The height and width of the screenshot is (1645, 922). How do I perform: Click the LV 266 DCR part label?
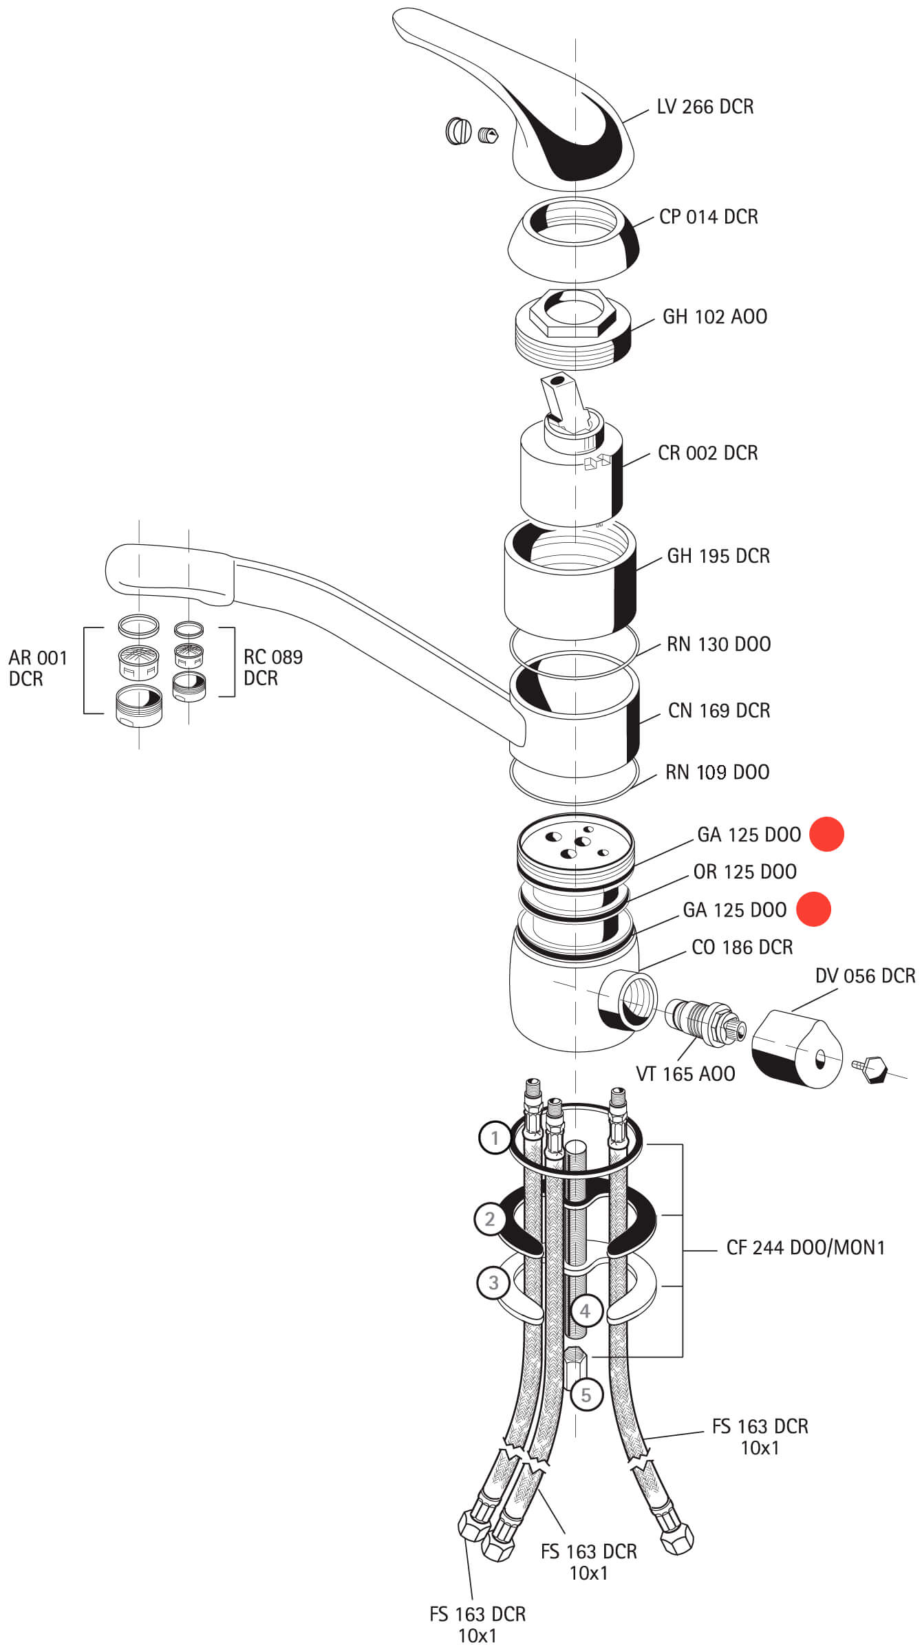(705, 107)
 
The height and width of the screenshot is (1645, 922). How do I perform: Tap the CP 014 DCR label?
(708, 217)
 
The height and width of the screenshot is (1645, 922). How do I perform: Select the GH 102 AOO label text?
(714, 316)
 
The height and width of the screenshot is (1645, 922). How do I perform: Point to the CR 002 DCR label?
(707, 453)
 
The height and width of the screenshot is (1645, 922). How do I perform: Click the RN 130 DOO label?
(718, 644)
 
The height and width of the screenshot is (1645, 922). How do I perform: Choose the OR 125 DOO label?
(744, 872)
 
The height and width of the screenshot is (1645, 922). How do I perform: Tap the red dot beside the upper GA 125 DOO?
(826, 834)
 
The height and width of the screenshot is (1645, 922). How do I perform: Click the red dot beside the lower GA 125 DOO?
(813, 910)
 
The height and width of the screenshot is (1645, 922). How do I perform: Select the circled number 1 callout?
(494, 1138)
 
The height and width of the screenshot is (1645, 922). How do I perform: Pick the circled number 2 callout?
(489, 1219)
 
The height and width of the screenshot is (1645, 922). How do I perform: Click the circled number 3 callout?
(493, 1282)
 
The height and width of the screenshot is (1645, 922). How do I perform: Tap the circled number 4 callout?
(585, 1311)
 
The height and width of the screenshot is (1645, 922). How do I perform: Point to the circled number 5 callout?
(586, 1395)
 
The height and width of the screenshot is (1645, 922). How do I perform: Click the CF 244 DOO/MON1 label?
(805, 1247)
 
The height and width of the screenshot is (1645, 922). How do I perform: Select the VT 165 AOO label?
(685, 1073)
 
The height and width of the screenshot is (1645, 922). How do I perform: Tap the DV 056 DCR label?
(865, 976)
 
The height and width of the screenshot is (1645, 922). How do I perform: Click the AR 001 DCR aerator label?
(38, 668)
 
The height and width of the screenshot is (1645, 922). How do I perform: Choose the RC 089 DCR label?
(272, 667)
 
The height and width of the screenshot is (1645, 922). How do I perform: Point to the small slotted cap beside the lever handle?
(458, 131)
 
